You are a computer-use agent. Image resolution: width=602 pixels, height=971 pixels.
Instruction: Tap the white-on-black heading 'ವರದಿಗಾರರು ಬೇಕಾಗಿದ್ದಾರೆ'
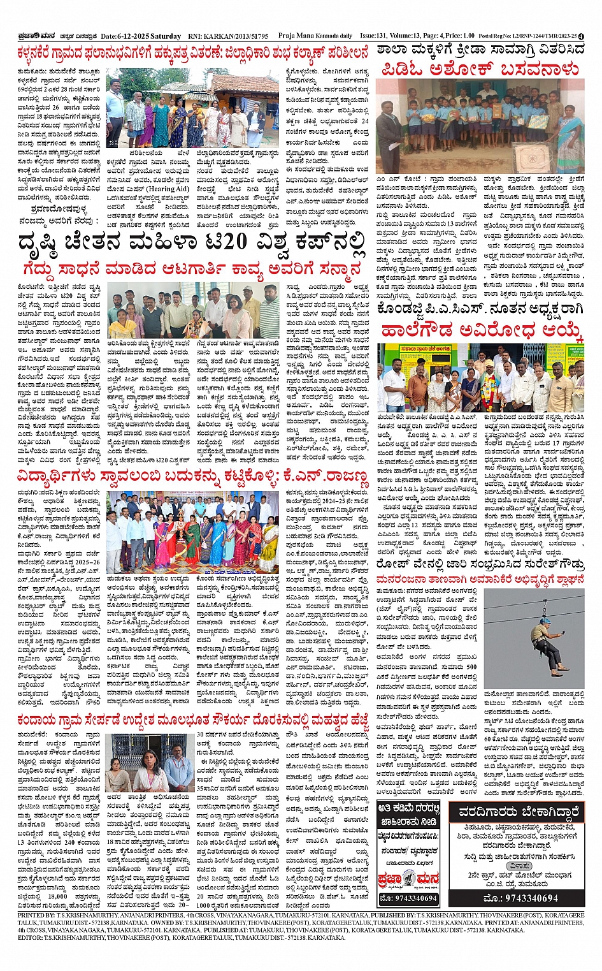517,813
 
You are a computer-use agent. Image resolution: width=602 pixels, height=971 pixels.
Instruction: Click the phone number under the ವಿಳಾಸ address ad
517,898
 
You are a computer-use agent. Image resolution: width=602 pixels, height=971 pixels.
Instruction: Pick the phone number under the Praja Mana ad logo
408,898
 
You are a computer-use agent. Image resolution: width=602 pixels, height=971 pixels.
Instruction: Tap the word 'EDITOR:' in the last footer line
29,938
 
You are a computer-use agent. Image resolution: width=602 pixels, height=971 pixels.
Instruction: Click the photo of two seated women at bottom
147,764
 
